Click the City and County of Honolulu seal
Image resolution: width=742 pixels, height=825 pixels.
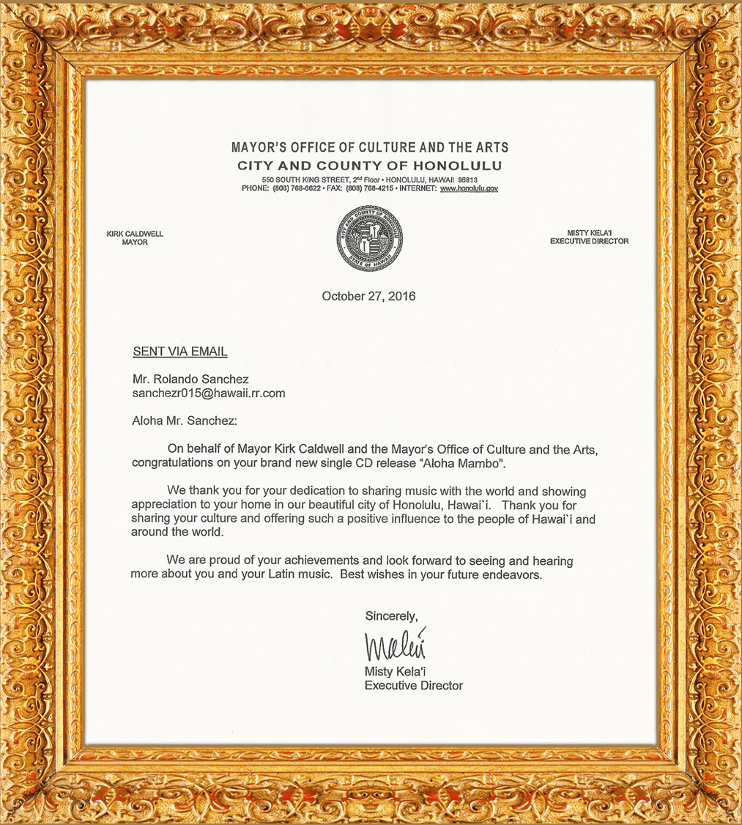click(370, 239)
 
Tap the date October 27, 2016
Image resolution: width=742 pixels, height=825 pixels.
click(368, 296)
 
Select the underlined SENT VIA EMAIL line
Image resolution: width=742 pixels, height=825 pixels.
click(180, 352)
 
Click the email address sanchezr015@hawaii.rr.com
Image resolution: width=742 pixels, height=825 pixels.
click(209, 393)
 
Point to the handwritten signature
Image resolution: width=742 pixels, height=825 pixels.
click(396, 645)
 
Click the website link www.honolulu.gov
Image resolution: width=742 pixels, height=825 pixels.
click(469, 188)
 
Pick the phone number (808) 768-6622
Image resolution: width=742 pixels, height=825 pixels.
click(297, 188)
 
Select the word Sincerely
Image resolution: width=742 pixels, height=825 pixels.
click(391, 615)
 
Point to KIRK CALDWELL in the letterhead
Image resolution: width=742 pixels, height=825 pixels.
click(135, 234)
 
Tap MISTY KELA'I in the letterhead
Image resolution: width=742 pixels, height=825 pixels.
click(588, 232)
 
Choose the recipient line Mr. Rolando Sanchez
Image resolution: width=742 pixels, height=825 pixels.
click(190, 380)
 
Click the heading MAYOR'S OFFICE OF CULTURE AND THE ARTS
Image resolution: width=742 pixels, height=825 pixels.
click(369, 148)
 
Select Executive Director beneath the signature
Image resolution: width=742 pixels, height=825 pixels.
click(414, 686)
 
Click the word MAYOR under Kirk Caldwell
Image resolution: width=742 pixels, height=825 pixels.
click(135, 243)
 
